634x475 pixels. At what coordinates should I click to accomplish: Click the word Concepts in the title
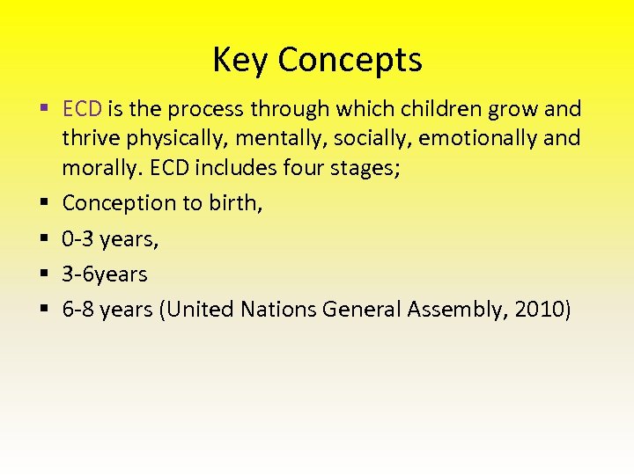pos(350,60)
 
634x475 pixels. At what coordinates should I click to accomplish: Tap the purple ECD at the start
pos(83,109)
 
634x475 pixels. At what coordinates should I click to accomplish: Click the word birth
pos(236,203)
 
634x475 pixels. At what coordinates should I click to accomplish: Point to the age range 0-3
pos(79,238)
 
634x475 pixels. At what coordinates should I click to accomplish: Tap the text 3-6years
pos(105,274)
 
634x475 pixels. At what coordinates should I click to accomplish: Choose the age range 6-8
pos(79,310)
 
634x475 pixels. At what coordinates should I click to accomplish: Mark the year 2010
pos(537,310)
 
